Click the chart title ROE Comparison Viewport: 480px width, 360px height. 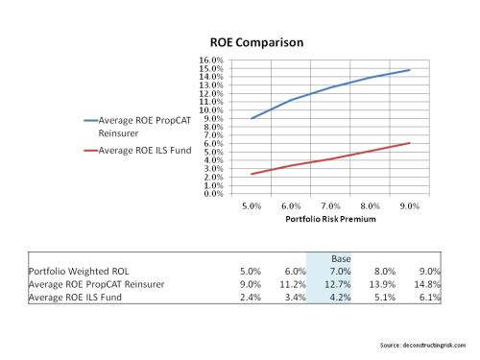(x=256, y=43)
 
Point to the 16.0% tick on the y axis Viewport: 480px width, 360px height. (x=211, y=59)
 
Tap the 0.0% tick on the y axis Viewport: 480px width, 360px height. (x=213, y=193)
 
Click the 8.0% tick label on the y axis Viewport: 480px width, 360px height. (x=213, y=126)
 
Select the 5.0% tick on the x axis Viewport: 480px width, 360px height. (x=252, y=205)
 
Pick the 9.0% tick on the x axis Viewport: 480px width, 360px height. (x=410, y=205)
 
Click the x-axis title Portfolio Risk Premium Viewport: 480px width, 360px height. (x=329, y=220)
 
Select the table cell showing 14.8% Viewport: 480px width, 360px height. (x=428, y=284)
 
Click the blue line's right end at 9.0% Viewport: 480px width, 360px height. (x=410, y=69)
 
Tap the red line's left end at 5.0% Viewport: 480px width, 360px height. (x=252, y=174)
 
